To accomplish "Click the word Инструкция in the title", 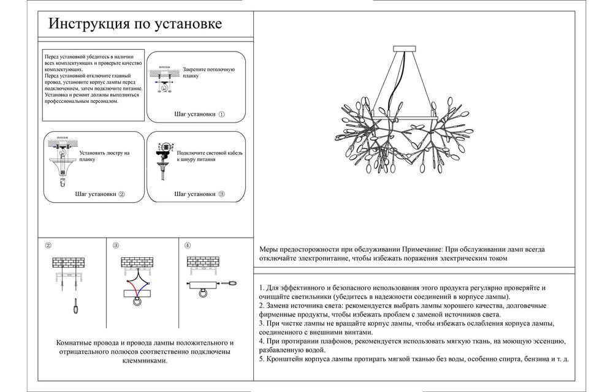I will click(80, 24).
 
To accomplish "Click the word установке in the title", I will click(190, 24).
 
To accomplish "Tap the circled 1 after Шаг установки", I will click(222, 114).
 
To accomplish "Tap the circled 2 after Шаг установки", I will click(121, 194).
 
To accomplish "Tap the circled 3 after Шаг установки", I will click(221, 194).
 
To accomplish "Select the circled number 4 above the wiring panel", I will click(188, 246).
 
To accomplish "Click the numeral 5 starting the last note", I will click(261, 358).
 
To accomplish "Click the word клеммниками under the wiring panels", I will click(145, 361).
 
